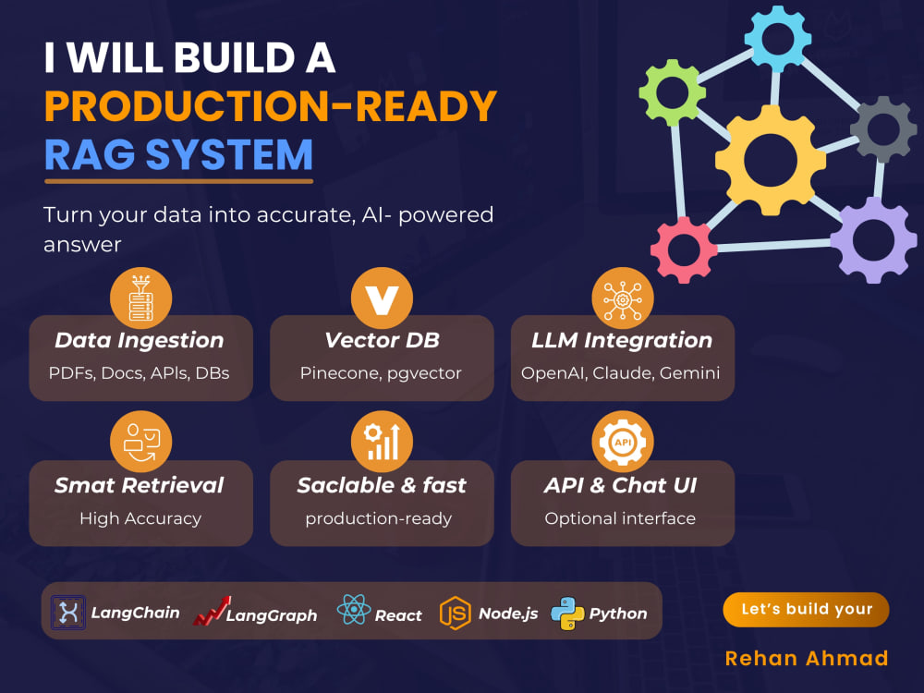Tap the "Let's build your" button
point(806,609)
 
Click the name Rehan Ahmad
point(806,658)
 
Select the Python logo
point(567,614)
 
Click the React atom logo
point(354,609)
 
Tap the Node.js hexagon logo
point(455,613)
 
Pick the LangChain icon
point(68,613)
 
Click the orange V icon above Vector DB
point(382,298)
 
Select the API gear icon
point(623,442)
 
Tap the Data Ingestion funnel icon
point(140,298)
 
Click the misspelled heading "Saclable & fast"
point(382,485)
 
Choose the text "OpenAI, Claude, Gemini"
point(621,373)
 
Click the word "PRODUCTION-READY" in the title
point(271,106)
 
